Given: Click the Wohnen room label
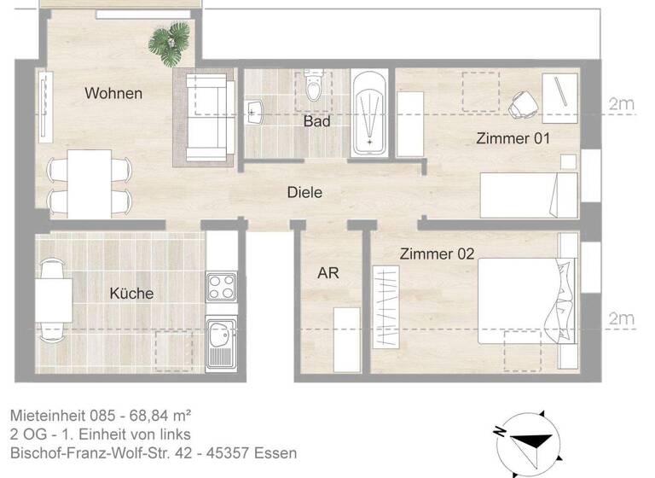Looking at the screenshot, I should click(113, 93).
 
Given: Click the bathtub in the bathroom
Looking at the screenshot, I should click(369, 114).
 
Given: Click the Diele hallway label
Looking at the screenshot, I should click(304, 193).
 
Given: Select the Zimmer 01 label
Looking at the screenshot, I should click(513, 138).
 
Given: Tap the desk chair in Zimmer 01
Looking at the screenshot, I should click(522, 105).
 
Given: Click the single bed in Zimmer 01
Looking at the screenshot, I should click(529, 195).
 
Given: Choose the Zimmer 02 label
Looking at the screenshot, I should click(437, 254).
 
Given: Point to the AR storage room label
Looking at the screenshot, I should click(328, 273).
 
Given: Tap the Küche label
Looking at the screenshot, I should click(131, 293).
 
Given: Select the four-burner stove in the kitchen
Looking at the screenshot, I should click(220, 287).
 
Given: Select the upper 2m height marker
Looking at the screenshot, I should click(621, 105).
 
